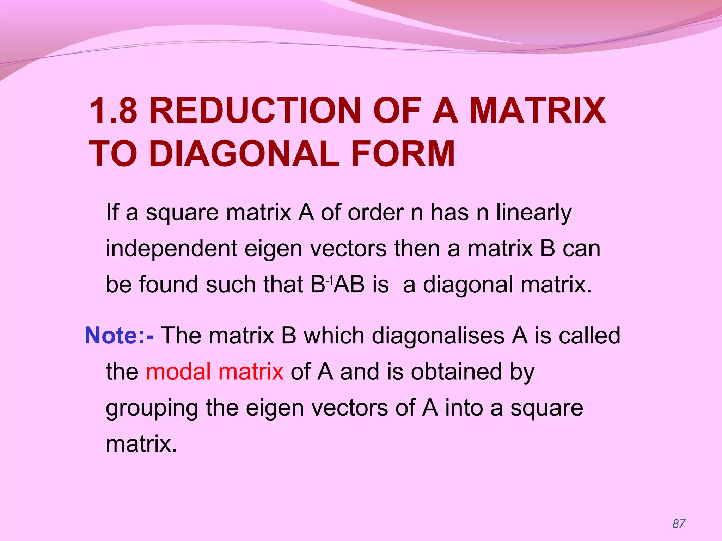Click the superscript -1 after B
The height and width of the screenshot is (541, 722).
tap(329, 281)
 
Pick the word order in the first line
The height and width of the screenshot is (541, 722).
tap(376, 213)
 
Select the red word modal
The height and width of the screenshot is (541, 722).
tap(178, 372)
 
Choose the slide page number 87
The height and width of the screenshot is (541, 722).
tap(679, 524)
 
